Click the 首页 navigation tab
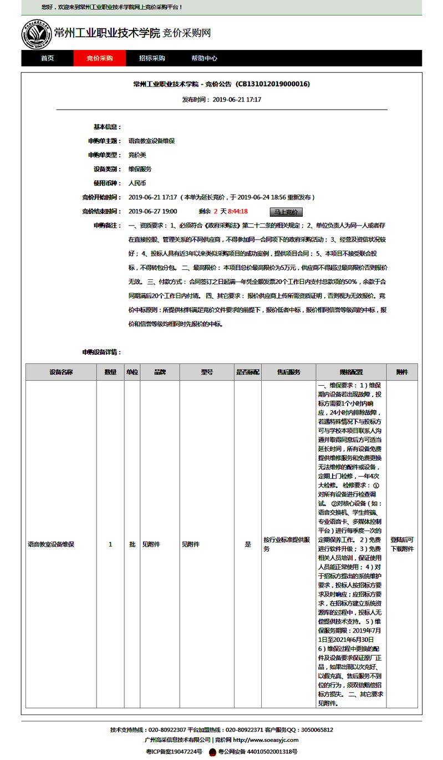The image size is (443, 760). pos(47,58)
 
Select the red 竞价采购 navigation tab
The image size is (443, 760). pos(100,58)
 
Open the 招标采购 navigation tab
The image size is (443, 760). pos(152,58)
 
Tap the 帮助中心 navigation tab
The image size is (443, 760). pos(204,58)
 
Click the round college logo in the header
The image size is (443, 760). pos(36,33)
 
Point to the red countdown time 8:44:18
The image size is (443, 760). pos(238,211)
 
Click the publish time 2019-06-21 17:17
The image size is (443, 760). pos(237,100)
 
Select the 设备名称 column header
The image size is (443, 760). pos(61,372)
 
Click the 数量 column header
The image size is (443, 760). pos(110,372)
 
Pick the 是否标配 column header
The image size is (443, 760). pos(248,372)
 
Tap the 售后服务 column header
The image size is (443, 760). pos(288,372)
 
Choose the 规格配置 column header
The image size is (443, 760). pos(351,372)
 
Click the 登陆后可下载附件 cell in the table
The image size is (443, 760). pos(402,544)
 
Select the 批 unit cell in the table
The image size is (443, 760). pos(132,544)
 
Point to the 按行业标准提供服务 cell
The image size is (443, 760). pos(286,544)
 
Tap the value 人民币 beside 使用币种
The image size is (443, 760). pos(138,183)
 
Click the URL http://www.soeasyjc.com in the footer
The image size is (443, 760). pos(266,740)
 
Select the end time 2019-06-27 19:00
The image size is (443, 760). pos(152,211)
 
